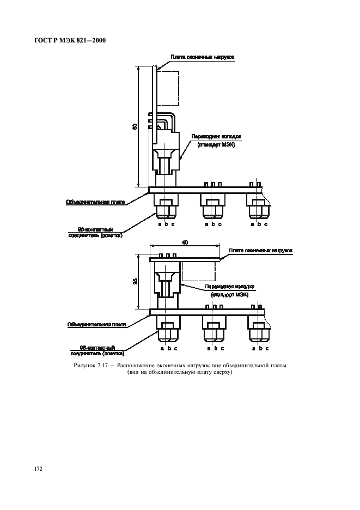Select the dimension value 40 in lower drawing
coord(185,243)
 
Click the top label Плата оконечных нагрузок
coord(203,57)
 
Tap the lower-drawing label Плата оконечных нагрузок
coord(261,251)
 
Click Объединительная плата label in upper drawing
coord(95,202)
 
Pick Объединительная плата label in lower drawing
coord(97,324)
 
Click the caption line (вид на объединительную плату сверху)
coord(180,373)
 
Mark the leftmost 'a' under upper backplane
coord(159,224)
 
